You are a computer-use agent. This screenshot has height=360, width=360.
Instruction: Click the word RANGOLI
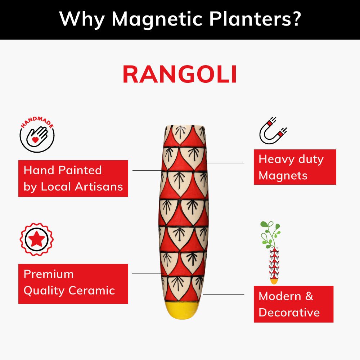point(180,75)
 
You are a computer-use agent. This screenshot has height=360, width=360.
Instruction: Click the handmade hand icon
point(37,135)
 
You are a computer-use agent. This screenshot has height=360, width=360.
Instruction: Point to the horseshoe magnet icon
point(273,130)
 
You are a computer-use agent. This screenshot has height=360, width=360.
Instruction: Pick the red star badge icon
point(36,239)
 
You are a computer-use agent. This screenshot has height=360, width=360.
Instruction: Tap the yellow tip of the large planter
point(184,310)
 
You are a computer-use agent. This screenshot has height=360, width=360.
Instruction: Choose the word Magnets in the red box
point(283,176)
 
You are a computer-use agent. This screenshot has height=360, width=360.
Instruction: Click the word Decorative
point(289,312)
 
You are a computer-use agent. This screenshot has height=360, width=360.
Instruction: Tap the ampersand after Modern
point(309,296)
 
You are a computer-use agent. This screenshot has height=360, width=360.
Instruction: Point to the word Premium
point(49,274)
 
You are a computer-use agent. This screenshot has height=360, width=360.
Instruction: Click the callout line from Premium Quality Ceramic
point(148,273)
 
